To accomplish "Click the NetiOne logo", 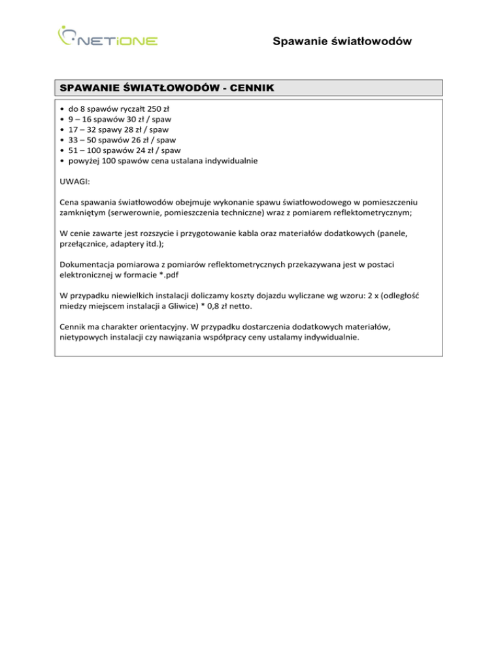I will [x=107, y=37].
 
